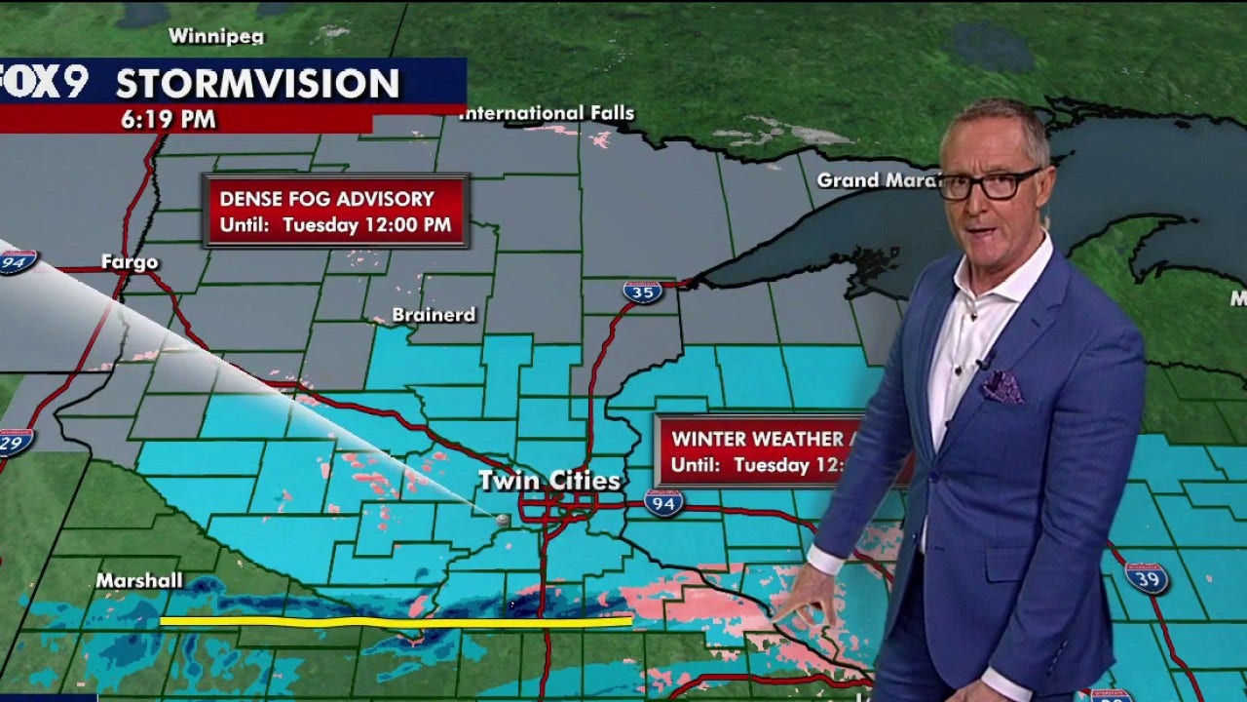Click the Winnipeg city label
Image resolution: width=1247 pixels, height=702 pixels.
(216, 36)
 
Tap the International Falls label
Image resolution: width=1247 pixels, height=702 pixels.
(548, 114)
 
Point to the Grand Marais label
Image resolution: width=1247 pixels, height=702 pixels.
(875, 180)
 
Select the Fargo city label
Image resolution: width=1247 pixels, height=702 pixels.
(129, 262)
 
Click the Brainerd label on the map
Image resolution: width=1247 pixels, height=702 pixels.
(434, 315)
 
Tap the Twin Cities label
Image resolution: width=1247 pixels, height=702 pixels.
(548, 481)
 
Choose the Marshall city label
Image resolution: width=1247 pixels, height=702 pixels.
(139, 581)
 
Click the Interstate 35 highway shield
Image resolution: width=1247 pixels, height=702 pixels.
(642, 292)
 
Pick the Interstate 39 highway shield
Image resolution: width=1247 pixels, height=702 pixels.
(1146, 577)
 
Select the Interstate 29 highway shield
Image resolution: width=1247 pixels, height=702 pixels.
(14, 441)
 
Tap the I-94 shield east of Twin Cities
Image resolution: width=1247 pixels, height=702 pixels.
(663, 502)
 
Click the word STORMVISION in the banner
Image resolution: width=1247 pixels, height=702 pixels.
(257, 84)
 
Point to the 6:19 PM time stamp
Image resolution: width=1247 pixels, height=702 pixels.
(169, 120)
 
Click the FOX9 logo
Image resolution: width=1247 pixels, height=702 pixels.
(44, 82)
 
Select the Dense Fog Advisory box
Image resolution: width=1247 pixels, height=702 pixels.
(336, 211)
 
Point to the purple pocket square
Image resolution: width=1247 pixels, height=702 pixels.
(1001, 387)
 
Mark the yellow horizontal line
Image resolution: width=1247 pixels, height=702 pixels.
(395, 621)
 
